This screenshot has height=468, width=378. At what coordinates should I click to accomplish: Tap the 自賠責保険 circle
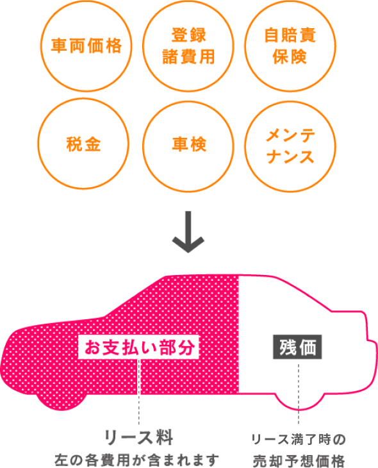coord(290,46)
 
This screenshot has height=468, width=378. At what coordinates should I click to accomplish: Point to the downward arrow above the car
coord(188,233)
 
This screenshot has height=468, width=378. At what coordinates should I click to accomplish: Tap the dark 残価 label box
coord(298,348)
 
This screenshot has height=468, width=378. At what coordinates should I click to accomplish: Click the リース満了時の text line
coord(298,440)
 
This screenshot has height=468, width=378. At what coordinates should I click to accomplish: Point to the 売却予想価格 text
coord(299,460)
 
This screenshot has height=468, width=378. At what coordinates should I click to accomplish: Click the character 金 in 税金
coord(93,145)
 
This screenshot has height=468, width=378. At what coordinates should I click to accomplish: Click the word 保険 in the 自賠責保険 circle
coord(290,56)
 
